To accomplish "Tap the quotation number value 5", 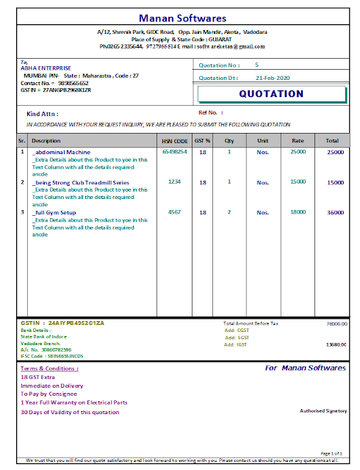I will click(x=256, y=65).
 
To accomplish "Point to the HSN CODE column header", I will click(x=175, y=140).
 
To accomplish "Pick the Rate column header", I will click(x=298, y=140).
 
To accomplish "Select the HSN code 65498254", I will click(x=175, y=151).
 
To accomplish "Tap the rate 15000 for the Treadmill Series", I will click(x=298, y=181).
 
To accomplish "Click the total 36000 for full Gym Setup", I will click(x=335, y=212).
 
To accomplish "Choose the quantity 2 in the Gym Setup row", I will click(x=229, y=212).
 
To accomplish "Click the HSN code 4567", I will click(x=175, y=211).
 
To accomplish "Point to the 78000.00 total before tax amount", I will click(x=337, y=323).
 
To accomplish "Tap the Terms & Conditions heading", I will click(x=49, y=368).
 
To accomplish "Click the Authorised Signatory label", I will click(x=323, y=411).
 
